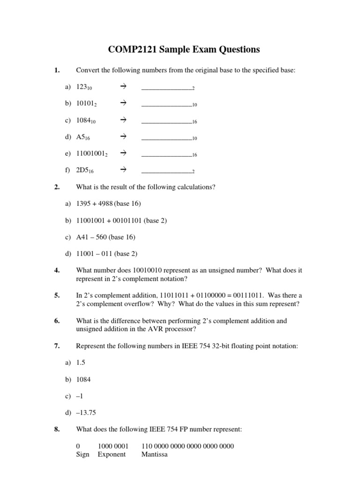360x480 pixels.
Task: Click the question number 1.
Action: click(x=57, y=71)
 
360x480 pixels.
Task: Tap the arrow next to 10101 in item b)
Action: click(x=124, y=104)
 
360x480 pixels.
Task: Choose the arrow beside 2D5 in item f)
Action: click(x=124, y=170)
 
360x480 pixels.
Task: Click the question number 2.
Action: click(x=57, y=187)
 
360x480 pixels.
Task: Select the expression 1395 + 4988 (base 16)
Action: click(x=108, y=203)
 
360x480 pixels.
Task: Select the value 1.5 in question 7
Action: click(x=81, y=363)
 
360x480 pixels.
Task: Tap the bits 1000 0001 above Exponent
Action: click(x=113, y=446)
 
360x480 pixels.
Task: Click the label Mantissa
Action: click(x=154, y=454)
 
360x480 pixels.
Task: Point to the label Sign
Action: click(x=82, y=454)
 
